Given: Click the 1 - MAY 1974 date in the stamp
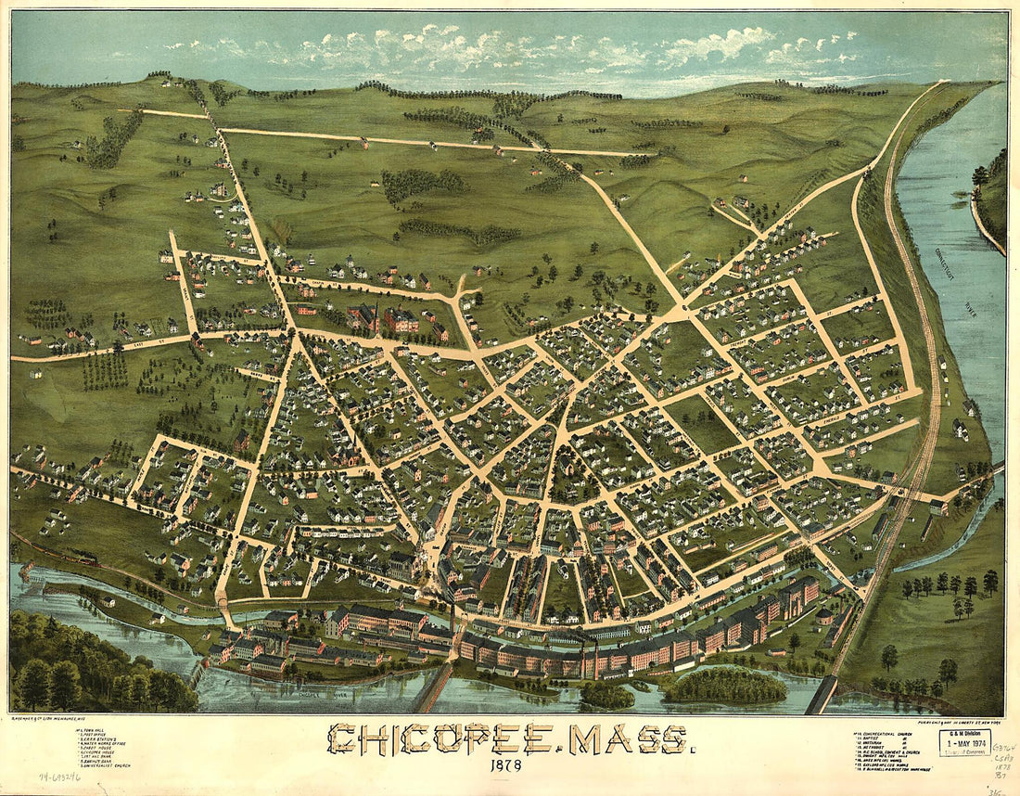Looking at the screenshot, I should (963, 743).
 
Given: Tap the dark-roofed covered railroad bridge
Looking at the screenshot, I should (821, 694).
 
